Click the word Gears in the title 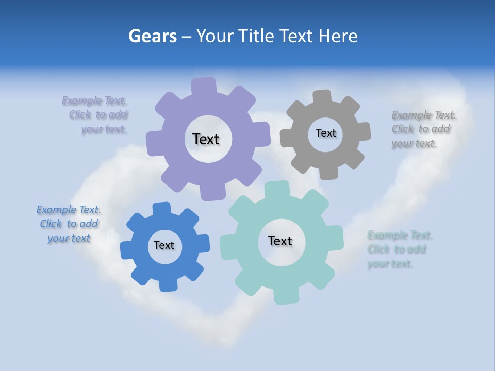coord(152,36)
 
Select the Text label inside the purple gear coord(206,139)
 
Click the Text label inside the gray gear coord(325,133)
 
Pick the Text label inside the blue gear coord(164,245)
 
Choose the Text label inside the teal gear coord(280,241)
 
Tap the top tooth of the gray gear coord(322,97)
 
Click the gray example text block coord(423,129)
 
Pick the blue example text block coord(69,224)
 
